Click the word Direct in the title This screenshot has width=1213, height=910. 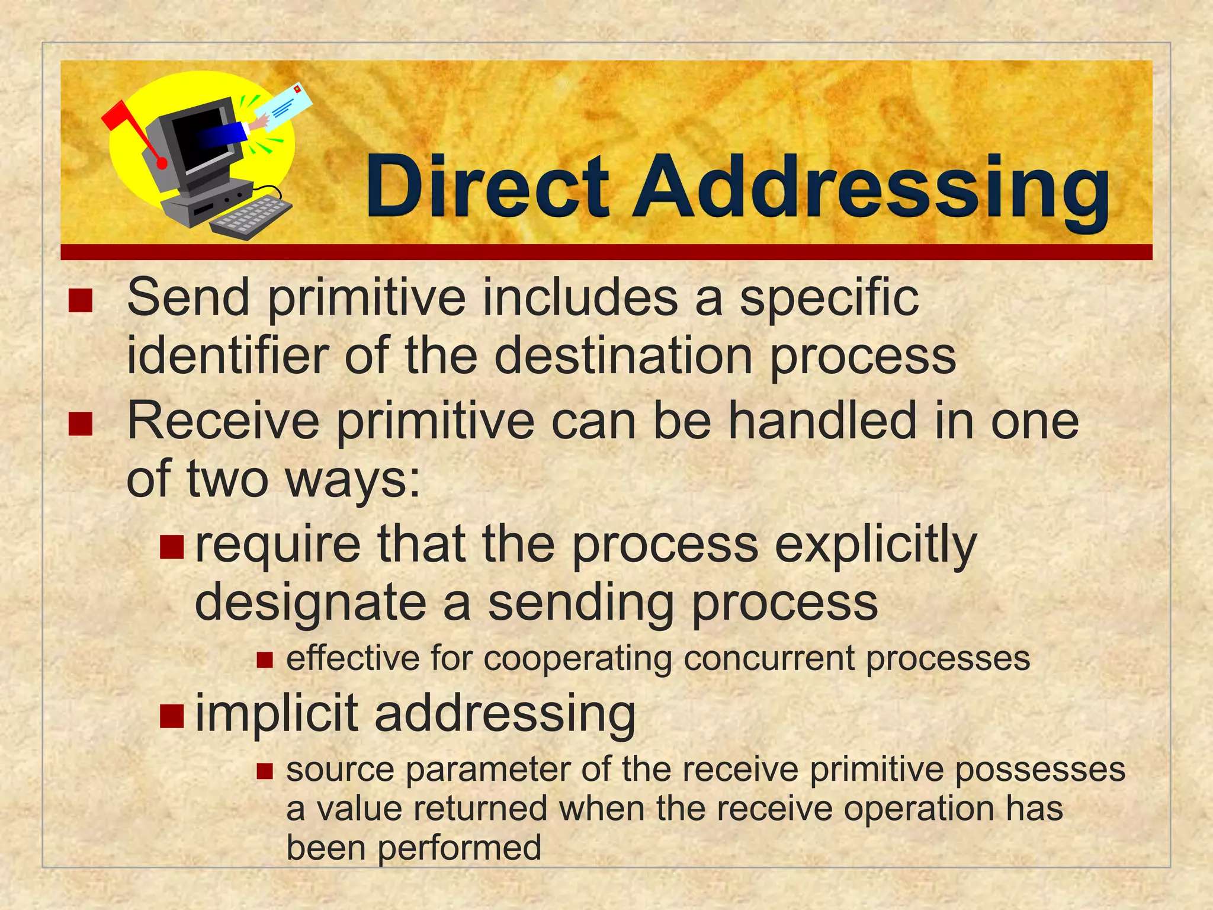pos(487,186)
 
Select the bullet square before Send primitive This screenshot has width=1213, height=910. pos(81,300)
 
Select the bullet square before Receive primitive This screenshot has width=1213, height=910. pos(81,424)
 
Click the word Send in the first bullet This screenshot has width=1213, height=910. pos(188,297)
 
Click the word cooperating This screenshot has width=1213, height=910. pos(577,659)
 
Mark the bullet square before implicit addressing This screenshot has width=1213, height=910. pos(172,716)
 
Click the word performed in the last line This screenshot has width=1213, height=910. pos(460,848)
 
